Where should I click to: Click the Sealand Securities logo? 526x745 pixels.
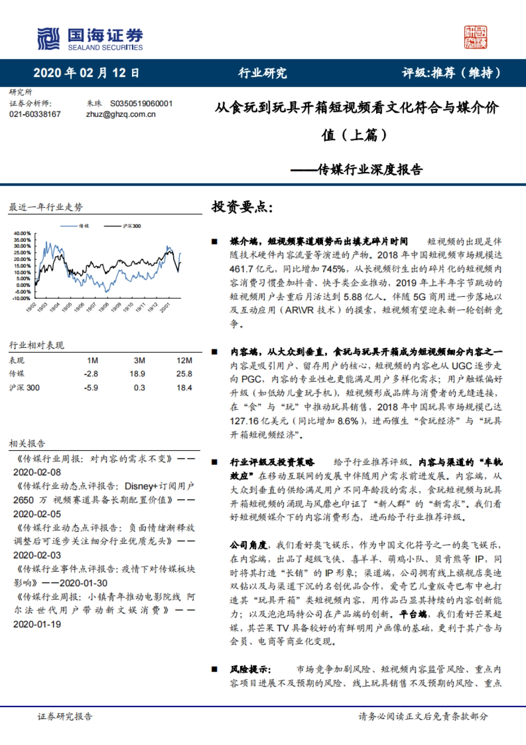click(x=90, y=39)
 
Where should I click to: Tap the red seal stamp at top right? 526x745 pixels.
click(x=476, y=37)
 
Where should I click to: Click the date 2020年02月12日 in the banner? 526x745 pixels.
click(x=86, y=73)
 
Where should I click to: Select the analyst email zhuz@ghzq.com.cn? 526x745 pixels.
click(x=121, y=114)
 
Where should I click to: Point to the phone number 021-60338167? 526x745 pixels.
click(x=35, y=114)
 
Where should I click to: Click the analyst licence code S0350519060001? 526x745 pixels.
click(x=141, y=104)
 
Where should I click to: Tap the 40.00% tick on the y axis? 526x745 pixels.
click(x=22, y=233)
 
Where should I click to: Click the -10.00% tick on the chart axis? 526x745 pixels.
click(x=21, y=298)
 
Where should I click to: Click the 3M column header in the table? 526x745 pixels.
click(x=139, y=361)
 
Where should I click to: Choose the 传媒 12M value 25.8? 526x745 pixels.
click(x=184, y=374)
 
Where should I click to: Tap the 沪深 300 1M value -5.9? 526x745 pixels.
click(x=91, y=388)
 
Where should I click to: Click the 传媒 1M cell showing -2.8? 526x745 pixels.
click(x=91, y=374)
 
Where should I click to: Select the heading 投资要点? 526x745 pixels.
click(x=242, y=206)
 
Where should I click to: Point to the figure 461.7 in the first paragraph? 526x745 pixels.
click(x=242, y=269)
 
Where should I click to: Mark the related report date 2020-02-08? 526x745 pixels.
click(x=37, y=473)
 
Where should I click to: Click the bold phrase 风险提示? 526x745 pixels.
click(x=251, y=670)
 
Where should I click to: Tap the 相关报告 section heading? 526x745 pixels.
click(x=27, y=444)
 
